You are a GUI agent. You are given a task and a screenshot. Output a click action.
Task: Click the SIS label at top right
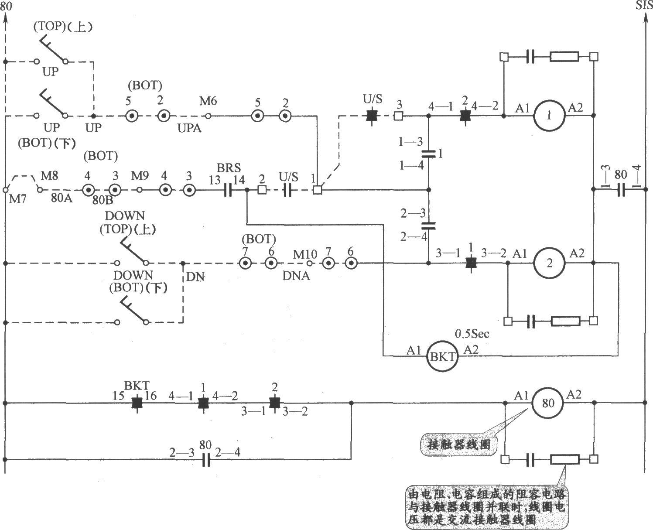tap(644, 6)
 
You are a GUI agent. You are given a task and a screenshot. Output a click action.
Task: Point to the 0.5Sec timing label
tap(472, 334)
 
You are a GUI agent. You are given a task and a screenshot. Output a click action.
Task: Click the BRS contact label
tap(229, 168)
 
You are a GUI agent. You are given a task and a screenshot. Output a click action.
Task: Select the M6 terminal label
tap(208, 101)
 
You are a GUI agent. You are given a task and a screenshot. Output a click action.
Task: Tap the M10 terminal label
tap(305, 254)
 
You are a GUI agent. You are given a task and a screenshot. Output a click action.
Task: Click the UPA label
tap(189, 128)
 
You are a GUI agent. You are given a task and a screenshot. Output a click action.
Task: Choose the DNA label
tap(296, 276)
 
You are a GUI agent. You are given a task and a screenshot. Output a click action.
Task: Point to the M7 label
tap(18, 199)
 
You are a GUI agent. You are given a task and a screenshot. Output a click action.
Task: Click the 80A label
tap(62, 198)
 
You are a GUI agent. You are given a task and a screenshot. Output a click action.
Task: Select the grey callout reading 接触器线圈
tap(459, 444)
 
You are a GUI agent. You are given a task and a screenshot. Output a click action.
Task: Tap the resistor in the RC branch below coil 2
tap(565, 321)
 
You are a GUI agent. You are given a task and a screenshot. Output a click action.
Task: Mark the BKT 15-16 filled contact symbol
tap(137, 403)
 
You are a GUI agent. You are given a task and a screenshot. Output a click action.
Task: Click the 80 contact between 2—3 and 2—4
tap(206, 459)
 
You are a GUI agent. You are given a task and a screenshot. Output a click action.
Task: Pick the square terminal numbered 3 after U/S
tap(398, 116)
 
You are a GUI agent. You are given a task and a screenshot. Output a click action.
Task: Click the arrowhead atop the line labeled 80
tap(5, 19)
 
